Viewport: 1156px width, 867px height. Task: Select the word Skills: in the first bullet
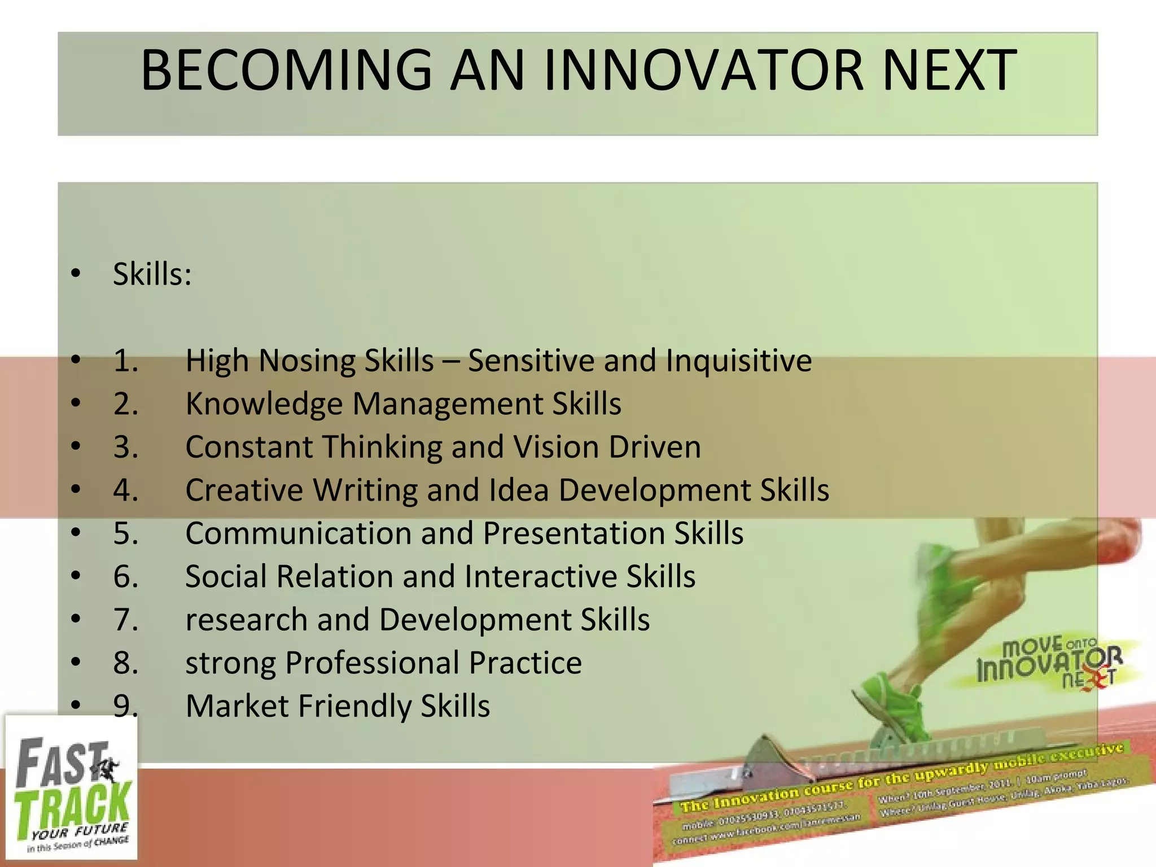point(152,275)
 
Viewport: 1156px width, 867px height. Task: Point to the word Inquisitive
point(738,361)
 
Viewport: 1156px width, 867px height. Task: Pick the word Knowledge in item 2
point(264,404)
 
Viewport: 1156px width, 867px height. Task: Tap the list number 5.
point(125,533)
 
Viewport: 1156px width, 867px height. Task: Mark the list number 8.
point(125,663)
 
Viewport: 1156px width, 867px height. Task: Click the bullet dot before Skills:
point(76,274)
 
